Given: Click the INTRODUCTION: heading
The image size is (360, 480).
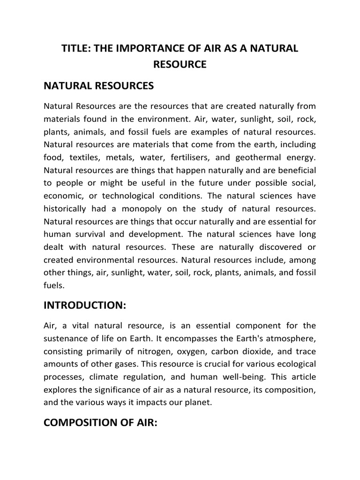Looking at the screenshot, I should pyautogui.click(x=85, y=305).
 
